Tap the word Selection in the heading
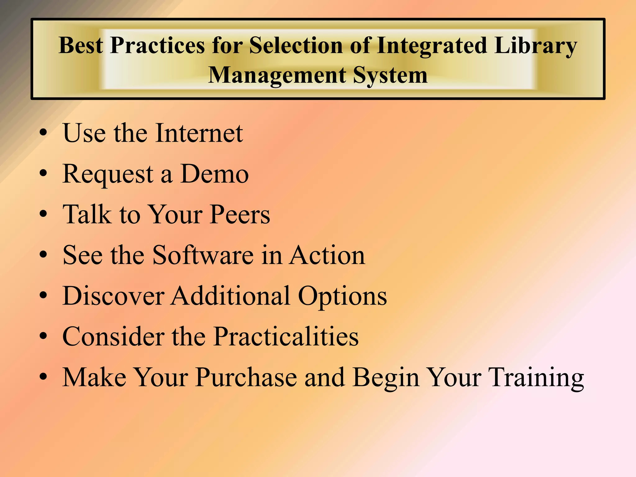(x=297, y=45)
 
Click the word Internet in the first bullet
(x=199, y=133)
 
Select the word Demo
(x=214, y=174)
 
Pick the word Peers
(x=239, y=214)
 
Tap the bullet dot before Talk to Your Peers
(x=43, y=214)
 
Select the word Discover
(x=113, y=296)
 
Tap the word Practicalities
(x=286, y=336)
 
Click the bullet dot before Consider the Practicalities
(x=43, y=336)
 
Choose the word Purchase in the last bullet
(x=246, y=377)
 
